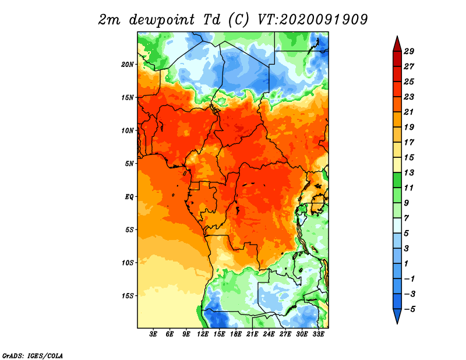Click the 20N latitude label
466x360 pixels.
[x=128, y=65]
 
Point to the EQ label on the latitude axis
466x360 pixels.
[x=129, y=197]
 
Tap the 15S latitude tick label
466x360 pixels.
[x=128, y=296]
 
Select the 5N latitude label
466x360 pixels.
[x=129, y=164]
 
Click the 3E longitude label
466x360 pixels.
[x=153, y=334]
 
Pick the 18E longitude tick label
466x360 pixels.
[x=236, y=334]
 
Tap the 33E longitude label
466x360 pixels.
[x=318, y=334]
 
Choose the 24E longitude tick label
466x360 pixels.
[x=269, y=334]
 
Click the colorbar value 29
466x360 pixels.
[x=409, y=51]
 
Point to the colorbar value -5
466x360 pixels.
[x=409, y=309]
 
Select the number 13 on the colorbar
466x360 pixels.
[x=409, y=172]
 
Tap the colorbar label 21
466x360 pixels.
[x=409, y=112]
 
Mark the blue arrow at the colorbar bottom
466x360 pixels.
[x=397, y=316]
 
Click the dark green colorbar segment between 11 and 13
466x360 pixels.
[x=397, y=180]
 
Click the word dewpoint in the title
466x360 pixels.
[x=162, y=20]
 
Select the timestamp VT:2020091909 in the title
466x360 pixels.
[x=313, y=20]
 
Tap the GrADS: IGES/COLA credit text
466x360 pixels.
[x=33, y=356]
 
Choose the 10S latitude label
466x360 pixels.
[x=128, y=263]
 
